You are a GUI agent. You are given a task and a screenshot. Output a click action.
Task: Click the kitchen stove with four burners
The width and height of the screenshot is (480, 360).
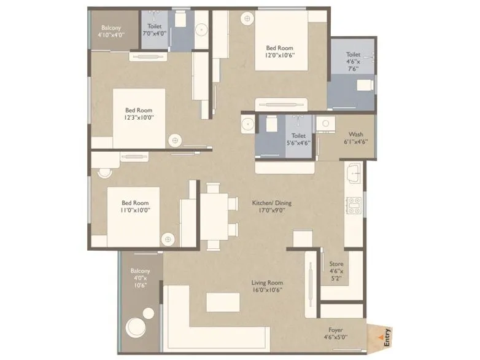tap(354, 205)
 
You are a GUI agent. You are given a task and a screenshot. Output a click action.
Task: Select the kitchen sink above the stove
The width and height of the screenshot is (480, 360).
tap(354, 174)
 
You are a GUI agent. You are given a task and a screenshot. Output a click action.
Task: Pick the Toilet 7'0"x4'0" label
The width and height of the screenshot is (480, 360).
tap(155, 31)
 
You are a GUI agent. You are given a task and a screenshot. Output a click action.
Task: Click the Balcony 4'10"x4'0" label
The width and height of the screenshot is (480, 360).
tap(111, 31)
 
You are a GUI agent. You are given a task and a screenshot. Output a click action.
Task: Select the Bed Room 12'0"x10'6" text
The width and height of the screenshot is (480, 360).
tap(279, 52)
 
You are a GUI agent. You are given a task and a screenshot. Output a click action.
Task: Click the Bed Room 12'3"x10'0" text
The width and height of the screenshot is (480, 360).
tap(139, 114)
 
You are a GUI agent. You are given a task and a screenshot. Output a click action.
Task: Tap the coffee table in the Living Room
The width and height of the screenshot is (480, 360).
tap(223, 302)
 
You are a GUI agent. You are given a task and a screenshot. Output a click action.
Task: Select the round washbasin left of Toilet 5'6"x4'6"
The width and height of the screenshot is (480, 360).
tap(247, 124)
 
